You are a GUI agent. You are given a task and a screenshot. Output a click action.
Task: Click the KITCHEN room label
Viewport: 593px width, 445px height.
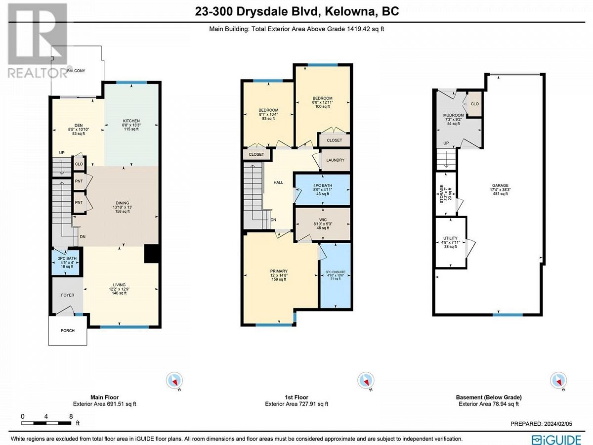(131, 121)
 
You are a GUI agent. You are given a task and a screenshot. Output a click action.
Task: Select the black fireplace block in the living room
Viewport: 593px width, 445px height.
(151, 254)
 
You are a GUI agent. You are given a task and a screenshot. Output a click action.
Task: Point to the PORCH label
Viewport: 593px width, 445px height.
(68, 330)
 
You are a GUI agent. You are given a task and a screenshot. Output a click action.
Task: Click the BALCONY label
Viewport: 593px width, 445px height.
(76, 71)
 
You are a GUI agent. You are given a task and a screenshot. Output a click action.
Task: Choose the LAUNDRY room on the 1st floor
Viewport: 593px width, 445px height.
(335, 160)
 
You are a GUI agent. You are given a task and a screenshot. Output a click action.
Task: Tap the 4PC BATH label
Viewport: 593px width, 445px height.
(323, 185)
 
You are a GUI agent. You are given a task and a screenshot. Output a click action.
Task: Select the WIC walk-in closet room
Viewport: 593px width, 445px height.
(323, 223)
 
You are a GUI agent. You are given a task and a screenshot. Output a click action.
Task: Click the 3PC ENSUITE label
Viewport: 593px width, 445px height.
(335, 272)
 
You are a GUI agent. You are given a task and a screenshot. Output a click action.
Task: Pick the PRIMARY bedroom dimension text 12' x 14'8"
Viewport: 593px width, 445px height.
(279, 275)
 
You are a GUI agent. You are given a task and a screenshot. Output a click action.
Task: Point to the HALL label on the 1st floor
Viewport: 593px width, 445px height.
(278, 182)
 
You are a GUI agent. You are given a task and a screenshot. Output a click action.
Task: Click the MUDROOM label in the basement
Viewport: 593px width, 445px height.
(453, 115)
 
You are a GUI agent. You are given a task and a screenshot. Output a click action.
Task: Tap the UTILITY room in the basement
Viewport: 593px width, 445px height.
(450, 242)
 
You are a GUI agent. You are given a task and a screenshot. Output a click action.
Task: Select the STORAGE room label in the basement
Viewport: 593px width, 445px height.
(441, 194)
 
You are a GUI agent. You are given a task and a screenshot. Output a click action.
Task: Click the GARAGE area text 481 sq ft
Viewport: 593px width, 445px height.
(500, 193)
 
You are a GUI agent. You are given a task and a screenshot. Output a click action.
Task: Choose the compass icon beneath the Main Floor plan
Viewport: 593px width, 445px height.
(174, 380)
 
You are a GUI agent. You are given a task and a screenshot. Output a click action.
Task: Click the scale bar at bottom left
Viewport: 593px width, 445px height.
(46, 423)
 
